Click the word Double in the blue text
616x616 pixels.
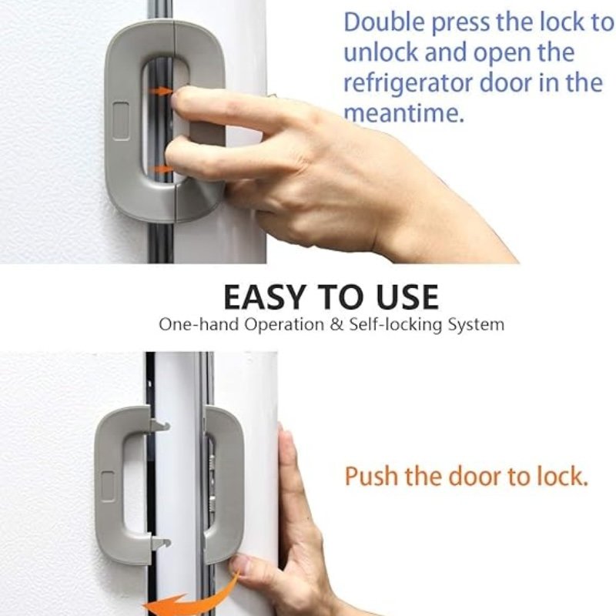coord(382,22)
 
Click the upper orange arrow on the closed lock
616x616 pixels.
coord(160,91)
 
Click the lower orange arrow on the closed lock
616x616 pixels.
coord(160,168)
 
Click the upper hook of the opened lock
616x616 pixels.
coord(160,424)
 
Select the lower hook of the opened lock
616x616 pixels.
coord(160,544)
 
